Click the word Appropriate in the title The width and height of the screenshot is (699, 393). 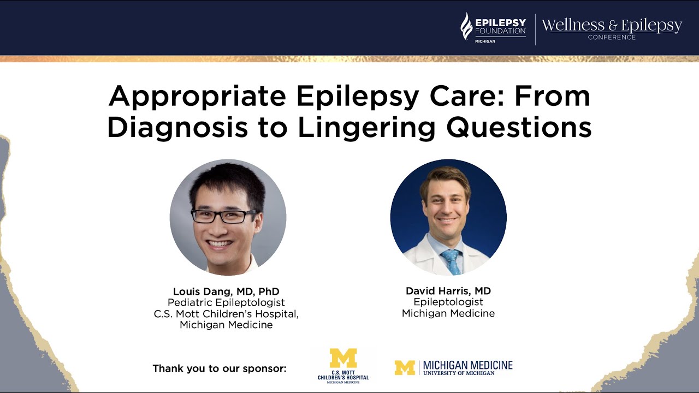(197, 97)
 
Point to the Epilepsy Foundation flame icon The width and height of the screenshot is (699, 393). (466, 27)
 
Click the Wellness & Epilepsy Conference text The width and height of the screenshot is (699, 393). (612, 27)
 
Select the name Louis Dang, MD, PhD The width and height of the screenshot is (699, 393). (226, 291)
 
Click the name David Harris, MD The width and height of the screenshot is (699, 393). (448, 291)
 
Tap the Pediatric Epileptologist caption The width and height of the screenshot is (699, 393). (226, 302)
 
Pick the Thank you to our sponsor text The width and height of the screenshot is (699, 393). (220, 368)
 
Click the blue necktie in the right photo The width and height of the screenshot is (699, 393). (451, 261)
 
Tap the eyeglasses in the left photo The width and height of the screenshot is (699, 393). (224, 216)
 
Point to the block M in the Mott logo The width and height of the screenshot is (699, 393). (343, 358)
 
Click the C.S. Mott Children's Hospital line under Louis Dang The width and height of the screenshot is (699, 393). (226, 314)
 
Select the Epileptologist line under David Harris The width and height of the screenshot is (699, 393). (448, 302)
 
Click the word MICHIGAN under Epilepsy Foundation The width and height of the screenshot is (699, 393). (485, 41)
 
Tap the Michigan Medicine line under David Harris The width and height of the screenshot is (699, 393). (448, 313)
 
